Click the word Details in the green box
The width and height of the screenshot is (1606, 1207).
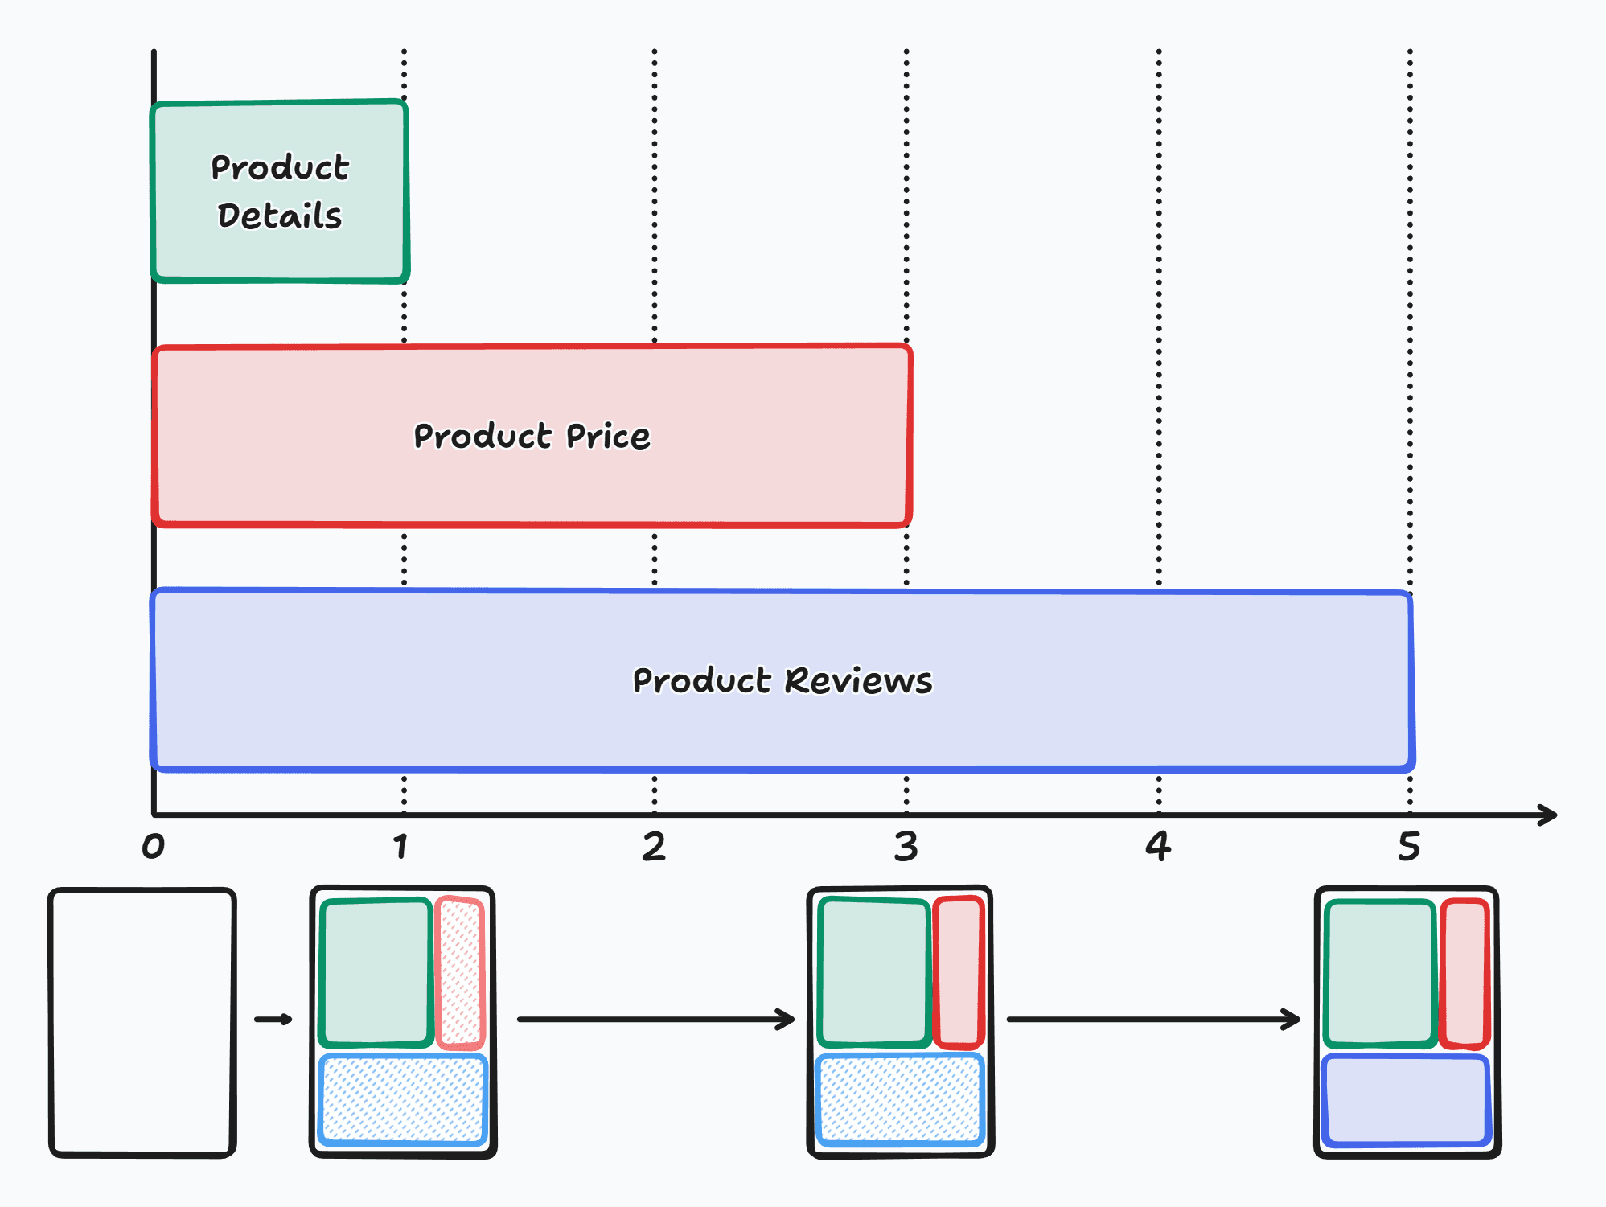[280, 216]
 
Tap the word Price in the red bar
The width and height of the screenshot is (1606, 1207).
[608, 437]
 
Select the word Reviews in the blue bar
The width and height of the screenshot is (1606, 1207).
[858, 681]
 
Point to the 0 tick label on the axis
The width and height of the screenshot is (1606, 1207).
[154, 847]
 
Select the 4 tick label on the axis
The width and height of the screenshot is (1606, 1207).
[1158, 847]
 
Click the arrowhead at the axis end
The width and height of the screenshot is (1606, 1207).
[1548, 815]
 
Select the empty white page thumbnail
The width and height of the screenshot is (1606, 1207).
[142, 1022]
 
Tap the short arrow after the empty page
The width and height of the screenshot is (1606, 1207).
[273, 1020]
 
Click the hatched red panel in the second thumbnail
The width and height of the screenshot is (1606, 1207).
[460, 973]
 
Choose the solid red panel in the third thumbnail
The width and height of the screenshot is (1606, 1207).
[959, 973]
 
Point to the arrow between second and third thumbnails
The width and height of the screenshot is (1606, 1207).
[655, 1020]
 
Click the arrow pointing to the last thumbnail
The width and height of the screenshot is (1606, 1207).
[1153, 1020]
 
